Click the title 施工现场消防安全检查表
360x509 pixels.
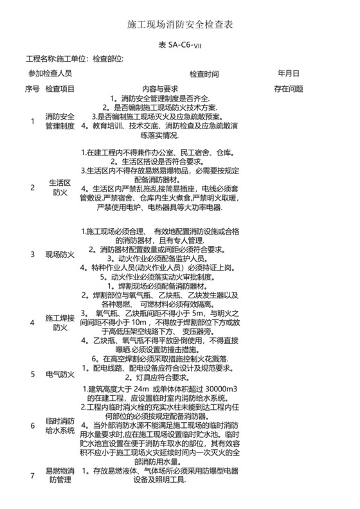(180, 25)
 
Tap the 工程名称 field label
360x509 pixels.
(40, 59)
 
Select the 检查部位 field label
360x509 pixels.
(107, 59)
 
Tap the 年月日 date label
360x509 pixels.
(288, 73)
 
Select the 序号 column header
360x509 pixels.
(32, 88)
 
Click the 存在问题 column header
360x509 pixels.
(288, 88)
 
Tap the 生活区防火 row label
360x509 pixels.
(60, 187)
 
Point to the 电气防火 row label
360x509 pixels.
(60, 373)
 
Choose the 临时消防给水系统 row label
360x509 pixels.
(60, 425)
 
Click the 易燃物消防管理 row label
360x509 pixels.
(60, 476)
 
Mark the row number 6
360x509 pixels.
(33, 425)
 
